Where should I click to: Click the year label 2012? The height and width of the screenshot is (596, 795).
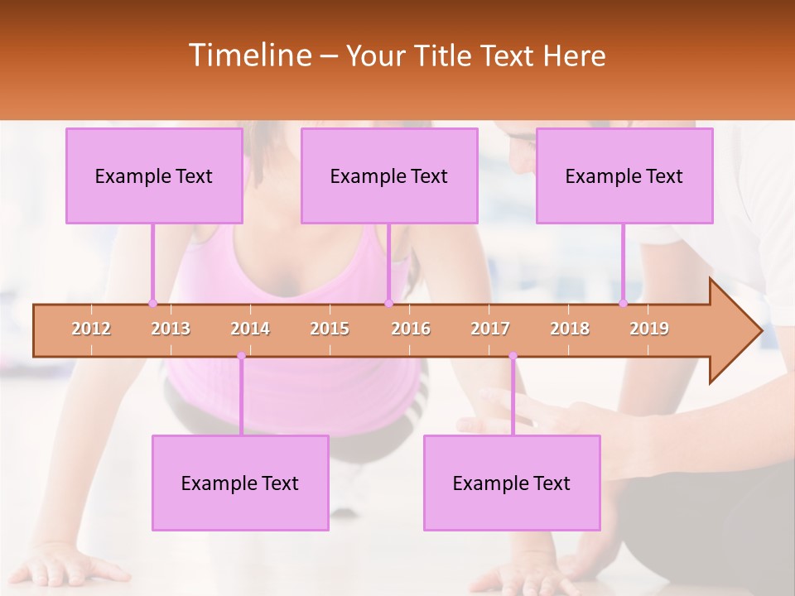coord(91,329)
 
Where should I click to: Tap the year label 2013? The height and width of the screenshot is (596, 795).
coord(171,329)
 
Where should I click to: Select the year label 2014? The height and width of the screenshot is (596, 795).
coord(250,329)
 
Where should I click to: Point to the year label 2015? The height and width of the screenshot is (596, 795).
coord(330,329)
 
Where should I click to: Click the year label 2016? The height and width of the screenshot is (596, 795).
coord(411,329)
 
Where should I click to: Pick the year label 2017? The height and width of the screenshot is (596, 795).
coord(490,329)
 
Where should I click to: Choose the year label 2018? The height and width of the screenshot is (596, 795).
coord(570,329)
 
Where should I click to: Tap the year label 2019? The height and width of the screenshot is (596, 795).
coord(649,329)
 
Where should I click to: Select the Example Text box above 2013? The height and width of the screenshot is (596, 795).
coord(154,175)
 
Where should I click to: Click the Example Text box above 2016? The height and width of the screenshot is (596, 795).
coord(389,175)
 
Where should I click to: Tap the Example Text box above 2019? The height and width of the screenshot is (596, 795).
coord(624,175)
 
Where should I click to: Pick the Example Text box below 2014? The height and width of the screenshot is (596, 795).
coord(240,483)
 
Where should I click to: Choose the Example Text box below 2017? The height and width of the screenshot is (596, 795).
coord(512,483)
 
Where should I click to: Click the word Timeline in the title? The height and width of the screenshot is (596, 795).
coord(249,55)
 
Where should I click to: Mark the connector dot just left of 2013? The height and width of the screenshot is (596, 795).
coord(152,303)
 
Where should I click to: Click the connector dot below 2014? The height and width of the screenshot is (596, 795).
coord(241,356)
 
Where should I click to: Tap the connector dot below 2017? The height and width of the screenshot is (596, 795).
coord(513,356)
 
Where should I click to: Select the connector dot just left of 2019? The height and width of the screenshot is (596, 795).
coord(623,303)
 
